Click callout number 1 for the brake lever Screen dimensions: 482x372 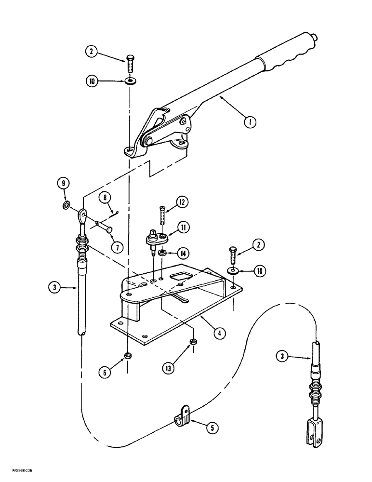click(250, 121)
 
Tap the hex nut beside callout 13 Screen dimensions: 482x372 click(192, 342)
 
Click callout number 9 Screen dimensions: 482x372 click(65, 183)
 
